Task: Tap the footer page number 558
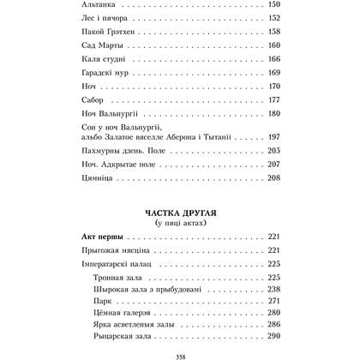click(181, 354)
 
